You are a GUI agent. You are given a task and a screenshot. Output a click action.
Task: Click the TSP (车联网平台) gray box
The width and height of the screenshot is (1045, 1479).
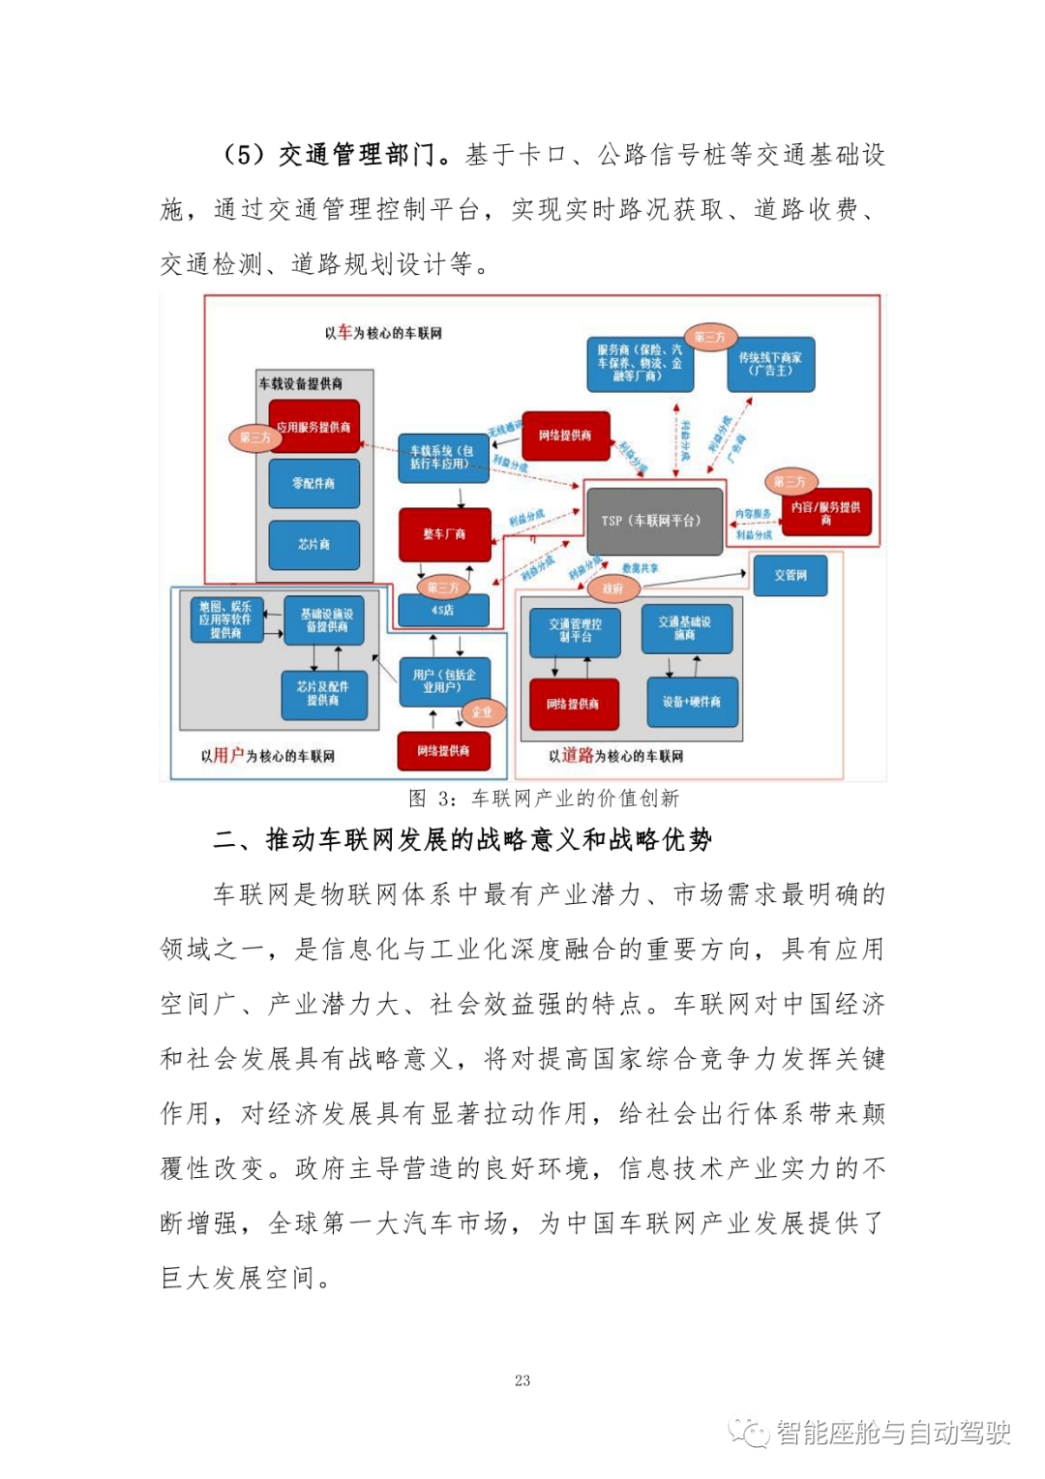[654, 521]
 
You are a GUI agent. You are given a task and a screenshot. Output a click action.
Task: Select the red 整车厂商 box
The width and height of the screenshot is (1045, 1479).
[444, 533]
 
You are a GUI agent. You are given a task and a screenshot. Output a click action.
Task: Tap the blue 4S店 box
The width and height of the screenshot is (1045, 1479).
[443, 610]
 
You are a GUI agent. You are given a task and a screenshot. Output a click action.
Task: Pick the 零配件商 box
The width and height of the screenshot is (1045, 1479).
[313, 483]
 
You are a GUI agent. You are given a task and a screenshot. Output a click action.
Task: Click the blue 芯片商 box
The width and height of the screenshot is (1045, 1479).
[313, 544]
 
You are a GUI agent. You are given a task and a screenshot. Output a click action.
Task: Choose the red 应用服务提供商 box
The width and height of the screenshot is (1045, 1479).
[313, 427]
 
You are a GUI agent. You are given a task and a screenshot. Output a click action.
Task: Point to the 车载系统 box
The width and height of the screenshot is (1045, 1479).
[442, 458]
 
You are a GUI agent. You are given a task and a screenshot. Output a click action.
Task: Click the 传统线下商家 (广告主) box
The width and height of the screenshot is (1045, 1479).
[770, 364]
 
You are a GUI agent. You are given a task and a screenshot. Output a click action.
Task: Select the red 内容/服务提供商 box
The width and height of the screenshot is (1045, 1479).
[826, 513]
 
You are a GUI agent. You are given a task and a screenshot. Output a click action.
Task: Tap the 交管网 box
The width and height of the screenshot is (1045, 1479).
[791, 575]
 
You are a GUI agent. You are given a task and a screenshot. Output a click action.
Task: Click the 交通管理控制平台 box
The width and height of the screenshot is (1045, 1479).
[575, 631]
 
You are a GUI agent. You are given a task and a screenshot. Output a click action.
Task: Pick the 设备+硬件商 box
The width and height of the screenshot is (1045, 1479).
[691, 702]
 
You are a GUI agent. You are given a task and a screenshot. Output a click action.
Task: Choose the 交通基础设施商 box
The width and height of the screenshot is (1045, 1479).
[685, 628]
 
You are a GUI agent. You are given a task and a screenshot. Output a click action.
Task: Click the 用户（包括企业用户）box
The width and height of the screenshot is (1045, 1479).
[444, 681]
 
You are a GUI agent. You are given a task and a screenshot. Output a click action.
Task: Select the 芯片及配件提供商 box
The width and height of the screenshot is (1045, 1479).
[323, 694]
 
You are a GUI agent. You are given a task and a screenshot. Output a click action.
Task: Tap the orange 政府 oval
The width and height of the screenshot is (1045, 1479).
[613, 589]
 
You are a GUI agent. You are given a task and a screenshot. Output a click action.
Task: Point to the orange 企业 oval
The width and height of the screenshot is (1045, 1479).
[481, 712]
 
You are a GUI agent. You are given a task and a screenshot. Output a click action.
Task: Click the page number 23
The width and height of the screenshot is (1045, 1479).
[522, 1380]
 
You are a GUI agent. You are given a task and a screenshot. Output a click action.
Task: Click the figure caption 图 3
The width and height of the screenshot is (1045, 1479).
[543, 799]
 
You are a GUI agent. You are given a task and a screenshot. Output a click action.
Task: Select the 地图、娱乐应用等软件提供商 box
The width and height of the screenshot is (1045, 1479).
[225, 619]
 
